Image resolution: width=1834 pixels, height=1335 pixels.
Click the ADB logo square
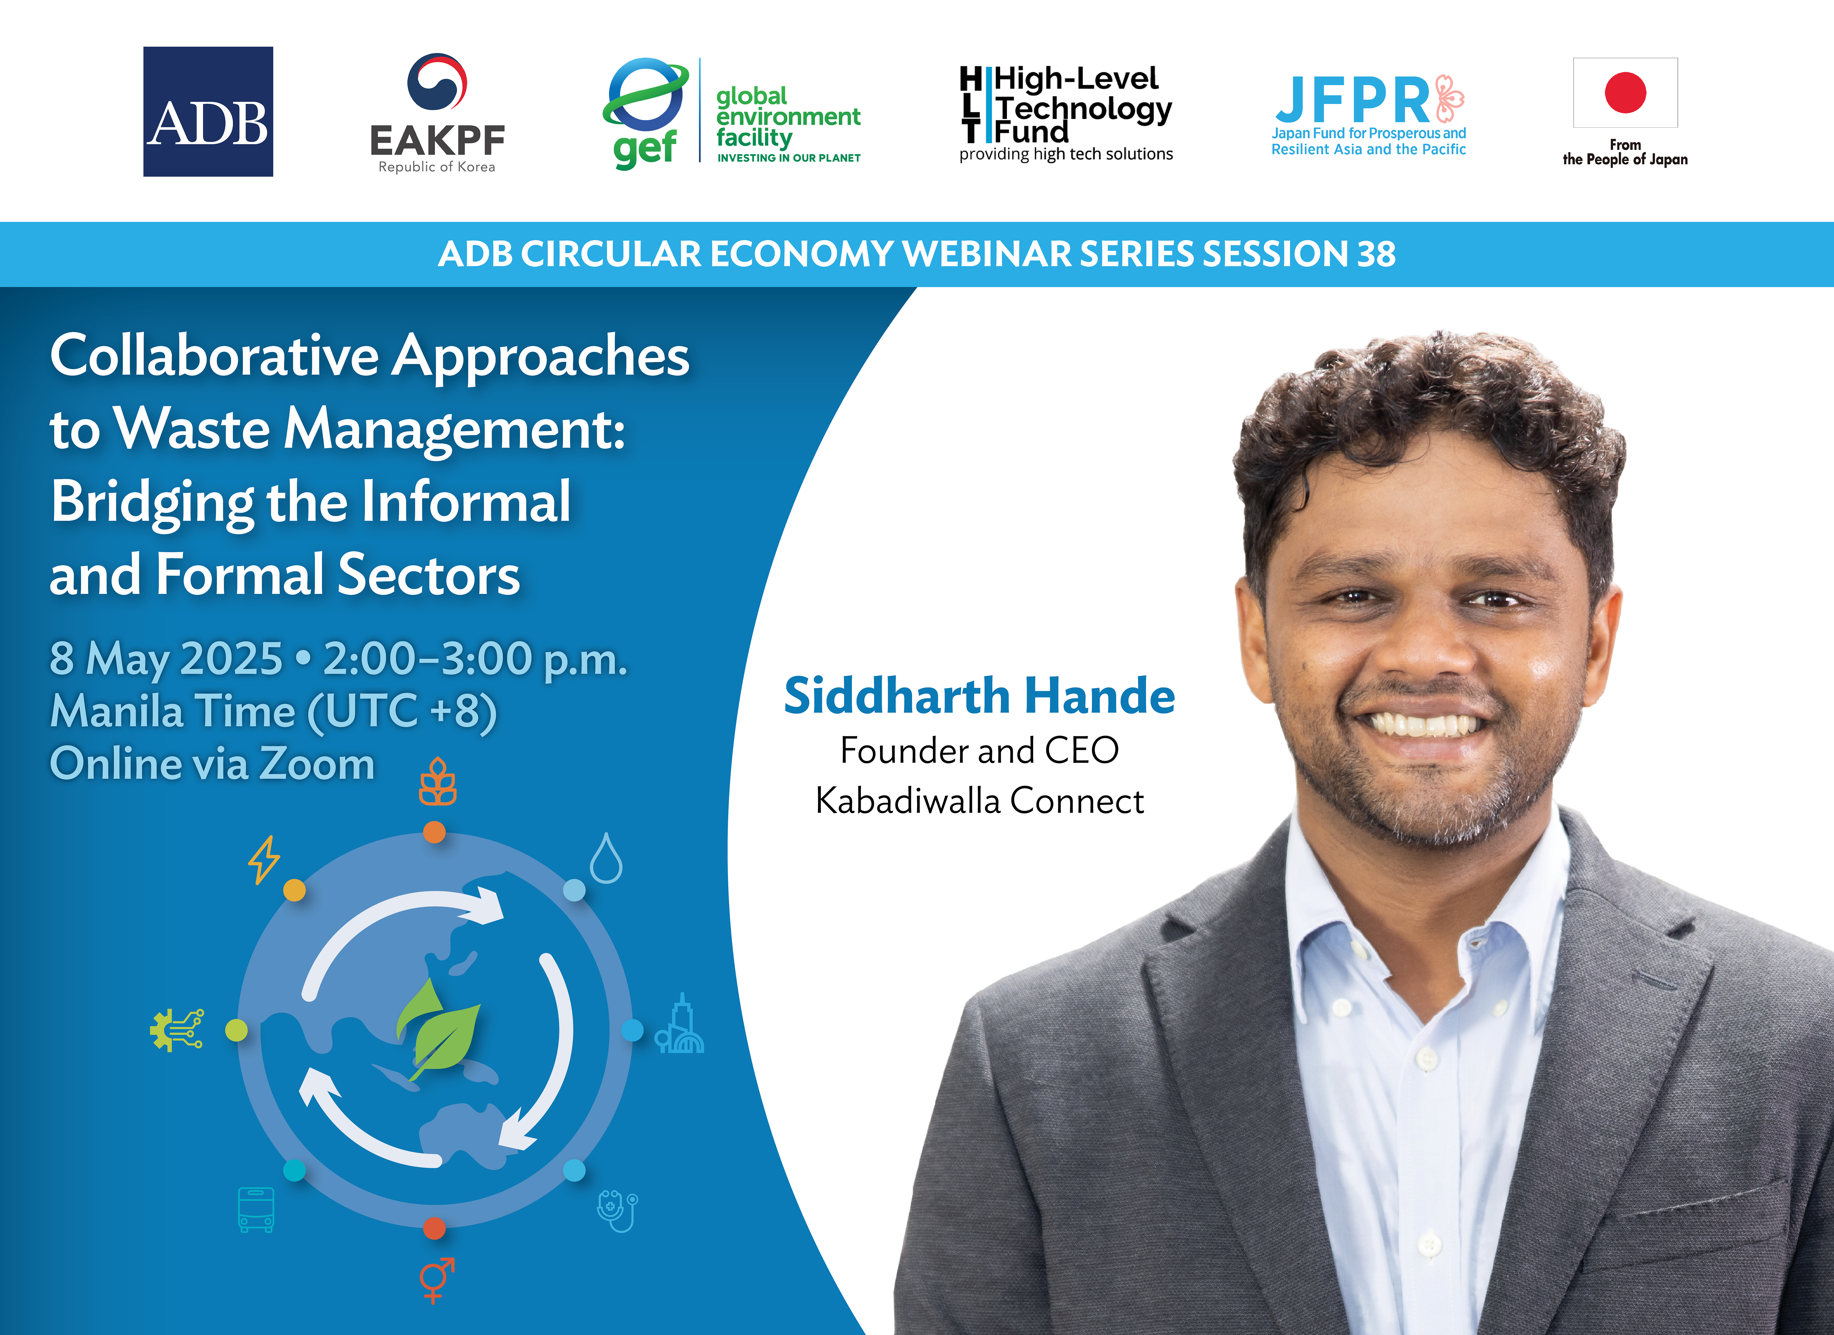[x=208, y=112]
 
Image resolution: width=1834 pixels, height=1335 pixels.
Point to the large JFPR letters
[x=1353, y=100]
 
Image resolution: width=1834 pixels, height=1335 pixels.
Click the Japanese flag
[x=1625, y=92]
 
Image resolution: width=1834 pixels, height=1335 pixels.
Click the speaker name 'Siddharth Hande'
[x=979, y=696]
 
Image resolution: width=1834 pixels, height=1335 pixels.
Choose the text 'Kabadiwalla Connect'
[x=979, y=801]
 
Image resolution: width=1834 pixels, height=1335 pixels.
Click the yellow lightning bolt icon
[x=263, y=859]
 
